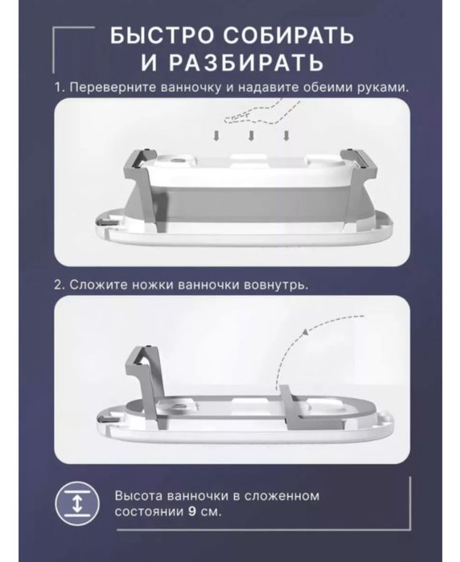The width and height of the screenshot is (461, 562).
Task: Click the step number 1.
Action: tap(58, 87)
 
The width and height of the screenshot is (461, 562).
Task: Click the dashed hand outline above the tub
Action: tap(258, 113)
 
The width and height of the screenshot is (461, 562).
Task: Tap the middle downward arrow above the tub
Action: tap(251, 134)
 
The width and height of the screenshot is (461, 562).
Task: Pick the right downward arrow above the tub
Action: tap(285, 134)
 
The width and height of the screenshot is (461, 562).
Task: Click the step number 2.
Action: tap(58, 285)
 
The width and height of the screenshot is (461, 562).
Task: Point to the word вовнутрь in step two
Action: tap(282, 285)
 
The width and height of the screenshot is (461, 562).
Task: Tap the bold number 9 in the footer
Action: tap(190, 511)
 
